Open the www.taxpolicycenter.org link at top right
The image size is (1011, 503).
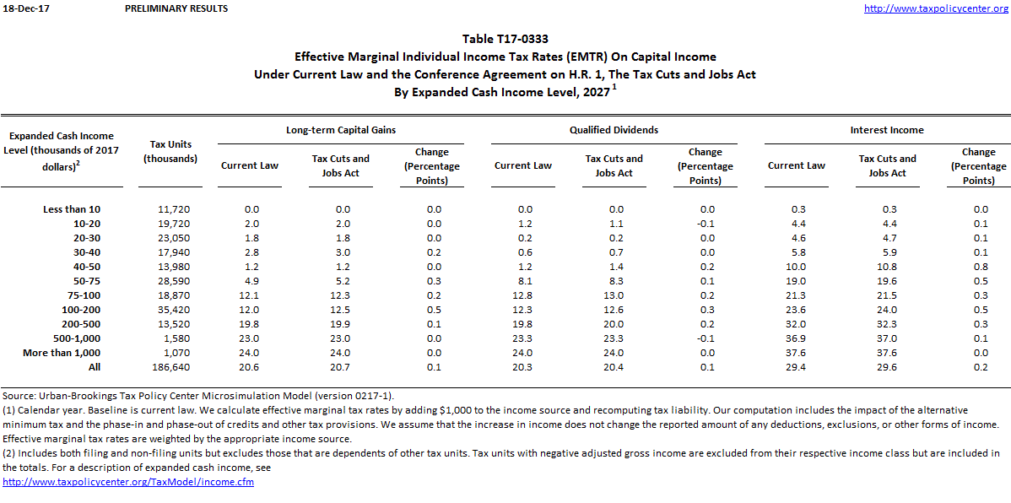936,8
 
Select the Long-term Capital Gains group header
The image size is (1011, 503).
341,130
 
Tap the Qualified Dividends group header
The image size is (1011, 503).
614,130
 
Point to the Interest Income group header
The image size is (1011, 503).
887,130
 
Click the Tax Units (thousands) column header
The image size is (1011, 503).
170,151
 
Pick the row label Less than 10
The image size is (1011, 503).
72,208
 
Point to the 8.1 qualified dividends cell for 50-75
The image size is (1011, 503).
523,280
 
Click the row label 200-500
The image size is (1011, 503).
82,324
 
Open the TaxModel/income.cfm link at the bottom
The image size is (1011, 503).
128,482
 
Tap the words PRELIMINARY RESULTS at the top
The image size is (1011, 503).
176,8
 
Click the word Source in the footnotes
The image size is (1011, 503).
19,395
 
